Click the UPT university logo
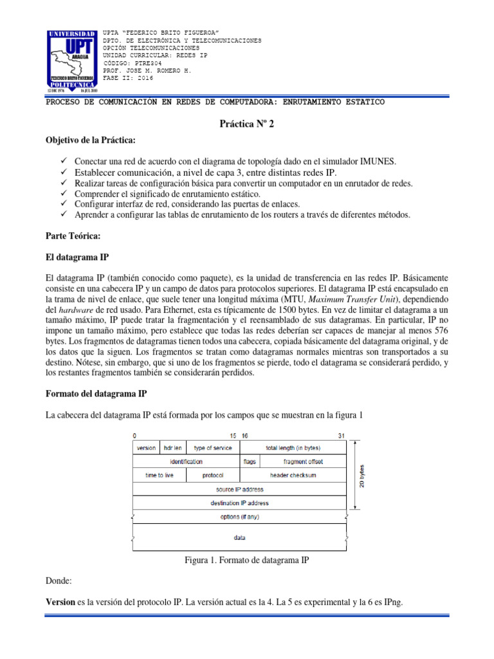click(71, 60)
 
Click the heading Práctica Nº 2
click(246, 124)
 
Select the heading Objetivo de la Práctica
click(91, 140)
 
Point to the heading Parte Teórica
click(73, 237)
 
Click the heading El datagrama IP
click(77, 257)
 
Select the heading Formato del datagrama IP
click(100, 393)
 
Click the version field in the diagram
click(146, 448)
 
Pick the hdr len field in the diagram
click(172, 448)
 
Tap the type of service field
click(213, 448)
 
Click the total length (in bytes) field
click(293, 448)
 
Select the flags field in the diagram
click(250, 462)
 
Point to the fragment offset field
click(303, 462)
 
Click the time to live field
click(159, 476)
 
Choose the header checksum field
click(293, 476)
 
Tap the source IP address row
click(239, 489)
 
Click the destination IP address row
click(239, 503)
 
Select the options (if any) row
click(239, 517)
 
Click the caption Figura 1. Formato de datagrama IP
click(246, 561)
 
